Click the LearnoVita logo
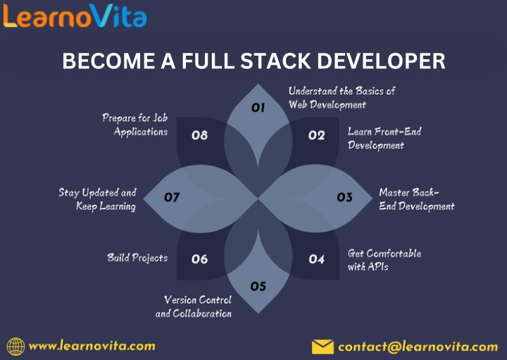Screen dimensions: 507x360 [x=75, y=15]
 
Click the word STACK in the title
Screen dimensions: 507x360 [x=276, y=61]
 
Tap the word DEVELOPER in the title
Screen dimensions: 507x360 [x=381, y=61]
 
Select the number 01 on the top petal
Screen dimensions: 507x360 [x=258, y=107]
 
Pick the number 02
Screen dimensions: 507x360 [x=316, y=135]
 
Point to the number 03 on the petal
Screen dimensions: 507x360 [x=344, y=197]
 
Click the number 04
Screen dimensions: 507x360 [x=316, y=259]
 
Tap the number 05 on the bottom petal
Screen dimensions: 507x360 [x=258, y=286]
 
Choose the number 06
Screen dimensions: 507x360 [x=199, y=259]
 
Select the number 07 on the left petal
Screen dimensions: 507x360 [x=172, y=197]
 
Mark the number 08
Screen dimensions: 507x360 [x=199, y=135]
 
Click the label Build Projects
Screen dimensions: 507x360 [x=137, y=258]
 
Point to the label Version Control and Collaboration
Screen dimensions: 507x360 [x=194, y=306]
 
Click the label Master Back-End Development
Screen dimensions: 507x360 [x=417, y=199]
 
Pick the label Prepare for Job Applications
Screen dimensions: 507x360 [x=134, y=125]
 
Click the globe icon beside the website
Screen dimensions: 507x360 [x=15, y=347]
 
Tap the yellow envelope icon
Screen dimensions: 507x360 [x=323, y=347]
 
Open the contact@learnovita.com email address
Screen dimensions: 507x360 [x=418, y=347]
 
